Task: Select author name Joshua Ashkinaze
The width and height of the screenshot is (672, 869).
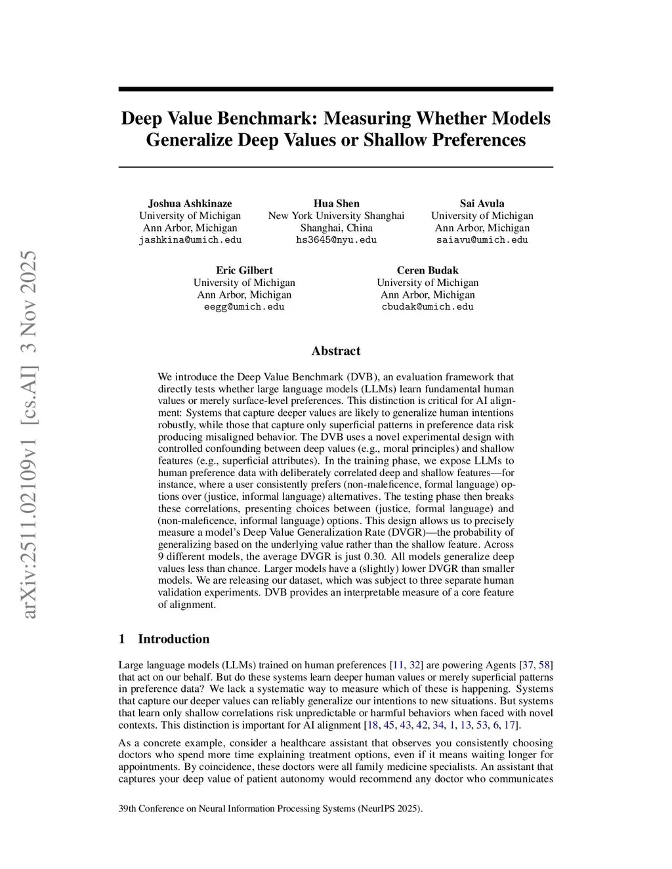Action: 190,203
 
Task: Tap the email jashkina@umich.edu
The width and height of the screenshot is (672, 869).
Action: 190,240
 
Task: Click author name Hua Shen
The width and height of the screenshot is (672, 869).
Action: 336,203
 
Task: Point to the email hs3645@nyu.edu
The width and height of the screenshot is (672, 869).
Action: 336,240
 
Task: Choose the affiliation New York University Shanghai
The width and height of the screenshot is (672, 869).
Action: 336,216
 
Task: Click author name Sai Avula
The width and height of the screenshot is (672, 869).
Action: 482,203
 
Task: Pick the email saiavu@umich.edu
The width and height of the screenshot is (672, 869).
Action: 482,240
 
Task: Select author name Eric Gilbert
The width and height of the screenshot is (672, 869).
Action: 244,270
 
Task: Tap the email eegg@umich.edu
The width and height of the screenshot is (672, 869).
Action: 244,307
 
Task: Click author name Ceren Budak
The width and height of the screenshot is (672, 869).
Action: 427,270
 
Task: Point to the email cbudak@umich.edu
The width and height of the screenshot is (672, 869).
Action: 427,307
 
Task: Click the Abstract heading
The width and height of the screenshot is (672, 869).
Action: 336,351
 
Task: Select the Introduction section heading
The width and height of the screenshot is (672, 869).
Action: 173,639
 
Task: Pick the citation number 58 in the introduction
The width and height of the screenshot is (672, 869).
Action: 545,665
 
